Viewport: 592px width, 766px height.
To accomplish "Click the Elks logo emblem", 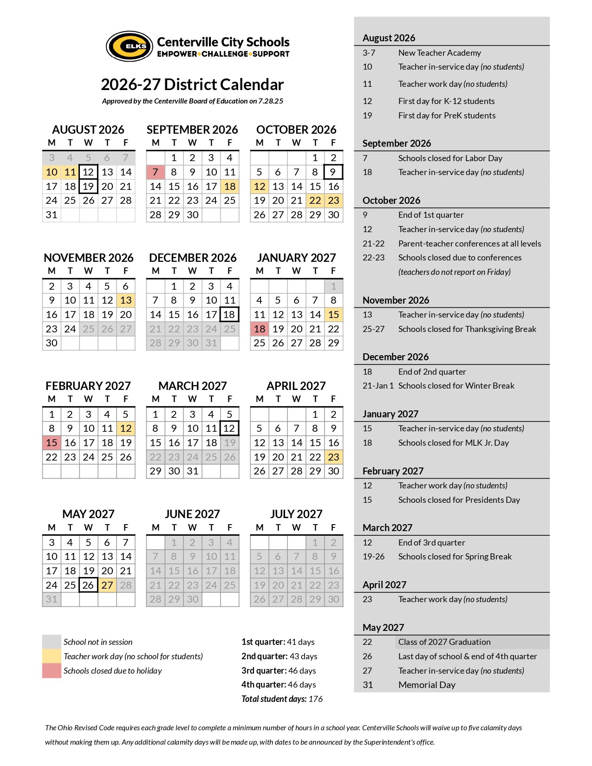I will coord(130,46).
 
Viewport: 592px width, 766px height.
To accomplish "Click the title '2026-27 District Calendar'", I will coord(192,84).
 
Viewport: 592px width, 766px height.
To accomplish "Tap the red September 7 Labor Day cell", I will coord(156,172).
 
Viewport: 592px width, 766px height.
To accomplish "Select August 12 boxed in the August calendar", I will coord(88,172).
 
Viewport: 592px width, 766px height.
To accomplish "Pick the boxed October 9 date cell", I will coord(333,172).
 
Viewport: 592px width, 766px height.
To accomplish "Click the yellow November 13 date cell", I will coord(126,300).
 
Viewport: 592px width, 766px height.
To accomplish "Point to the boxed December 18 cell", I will coord(229,314).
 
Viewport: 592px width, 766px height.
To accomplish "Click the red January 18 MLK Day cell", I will coord(260,329).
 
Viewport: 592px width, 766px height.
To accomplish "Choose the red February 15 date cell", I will coord(52,443).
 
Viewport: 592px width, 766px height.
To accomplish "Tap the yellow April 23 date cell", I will coord(333,457).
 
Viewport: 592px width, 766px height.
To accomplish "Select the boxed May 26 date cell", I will coord(88,585).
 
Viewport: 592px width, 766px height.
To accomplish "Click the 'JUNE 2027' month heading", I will coord(192,514).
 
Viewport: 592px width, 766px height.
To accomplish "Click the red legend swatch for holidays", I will coord(52,671).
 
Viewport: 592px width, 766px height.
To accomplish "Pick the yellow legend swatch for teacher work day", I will coord(52,656).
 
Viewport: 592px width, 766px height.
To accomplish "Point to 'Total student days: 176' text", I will coord(282,699).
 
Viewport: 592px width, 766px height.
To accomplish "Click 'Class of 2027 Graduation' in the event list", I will coord(444,642).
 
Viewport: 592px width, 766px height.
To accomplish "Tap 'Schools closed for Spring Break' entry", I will coord(455,557).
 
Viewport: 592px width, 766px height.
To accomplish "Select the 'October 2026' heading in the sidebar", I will coord(391,201).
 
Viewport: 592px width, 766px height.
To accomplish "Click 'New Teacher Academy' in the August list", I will coord(439,53).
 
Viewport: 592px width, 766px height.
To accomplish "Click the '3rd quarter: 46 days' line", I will coord(279,671).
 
